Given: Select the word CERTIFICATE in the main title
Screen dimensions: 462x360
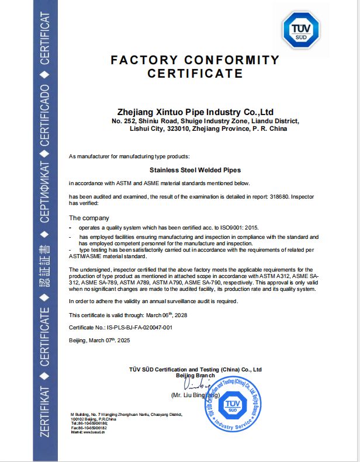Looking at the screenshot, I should point(195,74).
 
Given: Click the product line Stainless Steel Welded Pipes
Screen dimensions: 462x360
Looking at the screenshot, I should point(195,171).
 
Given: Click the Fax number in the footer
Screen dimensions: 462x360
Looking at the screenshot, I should point(89,428).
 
